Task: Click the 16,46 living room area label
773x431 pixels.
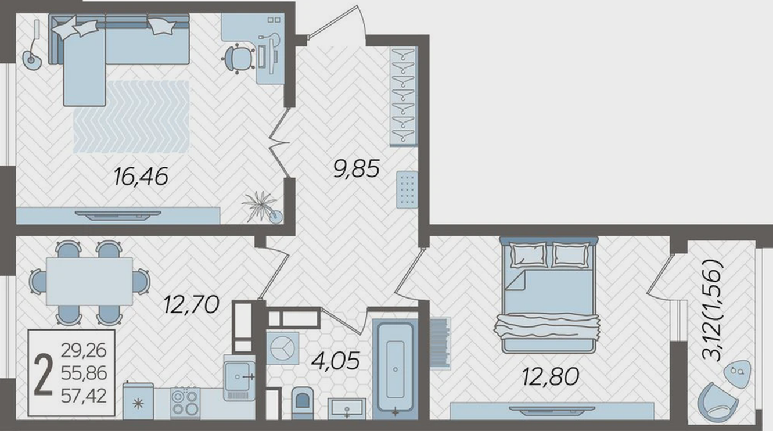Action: click(x=141, y=177)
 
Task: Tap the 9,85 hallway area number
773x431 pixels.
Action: click(x=357, y=169)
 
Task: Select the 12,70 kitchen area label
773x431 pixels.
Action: click(x=192, y=304)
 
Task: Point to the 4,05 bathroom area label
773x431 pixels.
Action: click(x=336, y=361)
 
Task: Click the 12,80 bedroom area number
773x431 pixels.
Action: click(x=551, y=376)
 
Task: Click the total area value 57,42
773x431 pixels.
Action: click(x=84, y=396)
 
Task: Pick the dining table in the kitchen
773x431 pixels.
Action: click(x=89, y=282)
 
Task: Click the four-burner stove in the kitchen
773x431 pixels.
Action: click(x=185, y=403)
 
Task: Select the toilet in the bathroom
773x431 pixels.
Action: click(x=303, y=403)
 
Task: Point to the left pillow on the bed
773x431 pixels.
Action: click(x=528, y=254)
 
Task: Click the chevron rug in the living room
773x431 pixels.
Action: click(x=131, y=117)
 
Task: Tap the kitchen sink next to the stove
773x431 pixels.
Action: click(x=239, y=378)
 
